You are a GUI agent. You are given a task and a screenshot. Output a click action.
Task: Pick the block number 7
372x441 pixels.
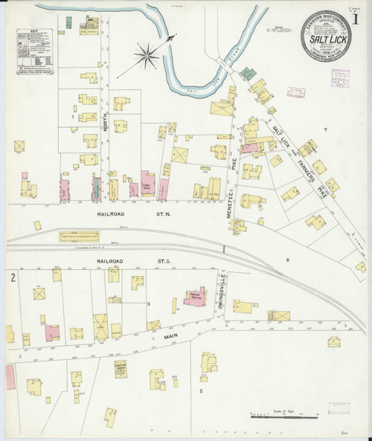[325, 131]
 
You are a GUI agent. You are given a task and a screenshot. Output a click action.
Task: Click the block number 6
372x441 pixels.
[286, 260]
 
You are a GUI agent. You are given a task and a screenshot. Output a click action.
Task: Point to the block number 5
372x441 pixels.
[200, 390]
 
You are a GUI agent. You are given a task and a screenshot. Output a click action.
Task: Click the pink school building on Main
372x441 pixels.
[196, 298]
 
